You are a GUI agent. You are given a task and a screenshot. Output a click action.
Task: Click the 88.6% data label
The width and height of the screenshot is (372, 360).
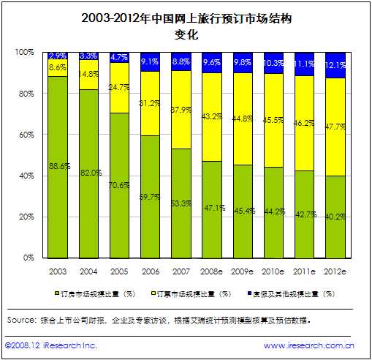pos(58,166)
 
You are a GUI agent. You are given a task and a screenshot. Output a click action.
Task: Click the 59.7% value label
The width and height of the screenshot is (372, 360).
pos(151,196)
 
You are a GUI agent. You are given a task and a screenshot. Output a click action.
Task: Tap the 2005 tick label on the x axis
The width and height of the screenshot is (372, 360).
pos(120,271)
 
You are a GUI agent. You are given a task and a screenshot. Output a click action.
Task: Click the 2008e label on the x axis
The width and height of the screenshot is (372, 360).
pos(213,271)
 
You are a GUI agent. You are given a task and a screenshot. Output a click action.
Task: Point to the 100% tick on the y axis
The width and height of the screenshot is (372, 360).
pos(25,53)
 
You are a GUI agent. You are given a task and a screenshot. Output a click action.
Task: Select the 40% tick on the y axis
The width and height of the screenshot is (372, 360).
pos(27,176)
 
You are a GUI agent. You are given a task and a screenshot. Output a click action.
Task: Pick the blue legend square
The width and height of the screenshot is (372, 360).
pos(248,293)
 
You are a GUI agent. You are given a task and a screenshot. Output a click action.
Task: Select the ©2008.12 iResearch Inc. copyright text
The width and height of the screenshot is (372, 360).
pos(50,345)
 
